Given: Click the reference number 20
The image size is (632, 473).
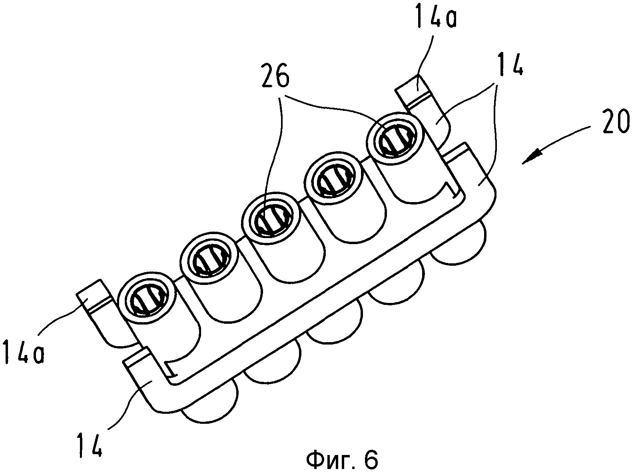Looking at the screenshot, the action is click(614, 122).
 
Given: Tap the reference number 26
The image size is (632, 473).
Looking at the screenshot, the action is click(275, 76).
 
